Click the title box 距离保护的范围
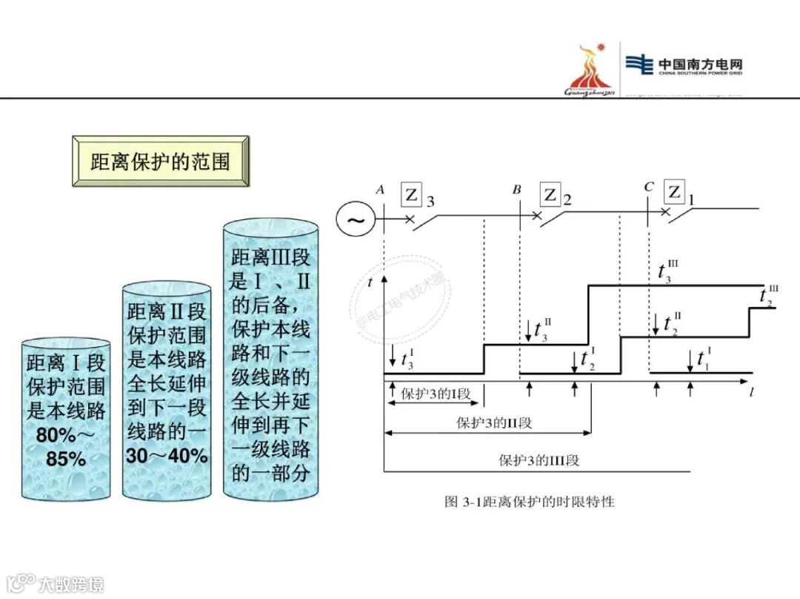coord(160,161)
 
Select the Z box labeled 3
coord(412,195)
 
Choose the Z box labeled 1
coord(674,192)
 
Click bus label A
coord(380,190)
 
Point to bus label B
coord(517,189)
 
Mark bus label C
coord(649,187)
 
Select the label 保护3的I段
coord(436,394)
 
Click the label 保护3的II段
coord(494,423)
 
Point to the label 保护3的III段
coord(539,460)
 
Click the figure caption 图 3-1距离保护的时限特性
coord(530,502)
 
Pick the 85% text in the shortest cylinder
coord(67,459)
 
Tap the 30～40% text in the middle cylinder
coord(167,456)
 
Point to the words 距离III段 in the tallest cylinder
coord(271,259)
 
